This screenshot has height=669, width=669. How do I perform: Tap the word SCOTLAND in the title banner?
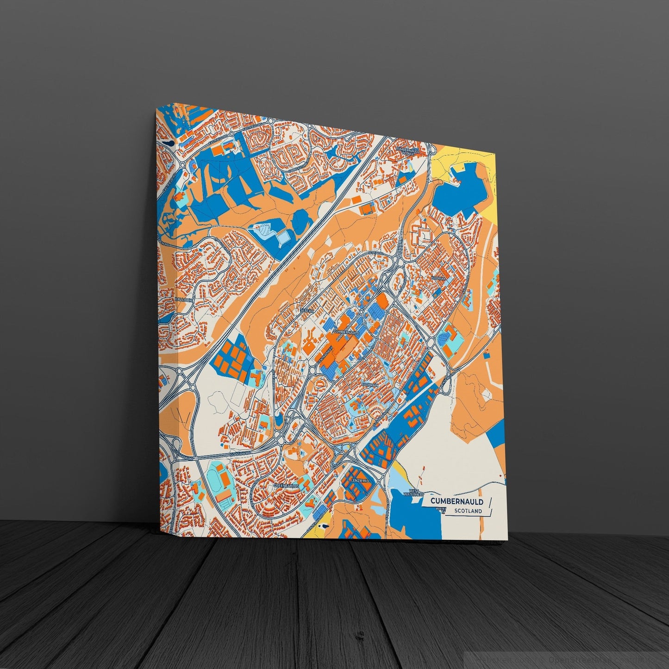468,511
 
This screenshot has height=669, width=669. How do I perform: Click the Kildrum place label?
438,279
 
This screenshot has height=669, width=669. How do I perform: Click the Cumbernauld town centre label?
345,331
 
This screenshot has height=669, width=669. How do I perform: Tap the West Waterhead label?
413,492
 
